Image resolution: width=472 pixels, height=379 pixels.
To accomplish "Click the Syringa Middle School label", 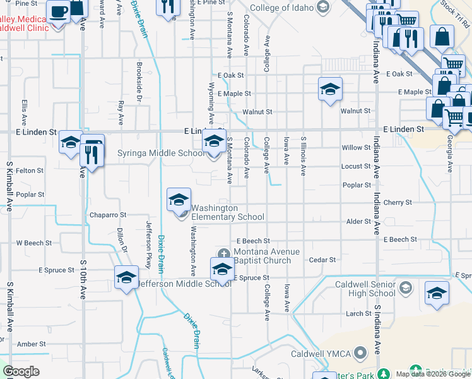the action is [161, 153].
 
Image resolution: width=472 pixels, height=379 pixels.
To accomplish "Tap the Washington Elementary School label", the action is [227, 213].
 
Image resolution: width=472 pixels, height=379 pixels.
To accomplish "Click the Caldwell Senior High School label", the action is [365, 289].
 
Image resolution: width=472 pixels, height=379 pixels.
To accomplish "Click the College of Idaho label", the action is [282, 8].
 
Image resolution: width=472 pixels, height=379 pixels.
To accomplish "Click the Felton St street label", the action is [30, 171].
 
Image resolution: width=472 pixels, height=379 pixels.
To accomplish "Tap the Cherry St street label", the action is [398, 203].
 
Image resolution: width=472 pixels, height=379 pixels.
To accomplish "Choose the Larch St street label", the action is [358, 313].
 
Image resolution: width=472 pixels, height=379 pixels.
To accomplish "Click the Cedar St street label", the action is [322, 260].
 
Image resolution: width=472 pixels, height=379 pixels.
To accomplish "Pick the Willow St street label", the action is [356, 148].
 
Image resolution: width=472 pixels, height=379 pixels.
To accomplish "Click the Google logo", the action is [21, 371].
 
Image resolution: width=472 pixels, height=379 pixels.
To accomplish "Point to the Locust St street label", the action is [356, 167].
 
